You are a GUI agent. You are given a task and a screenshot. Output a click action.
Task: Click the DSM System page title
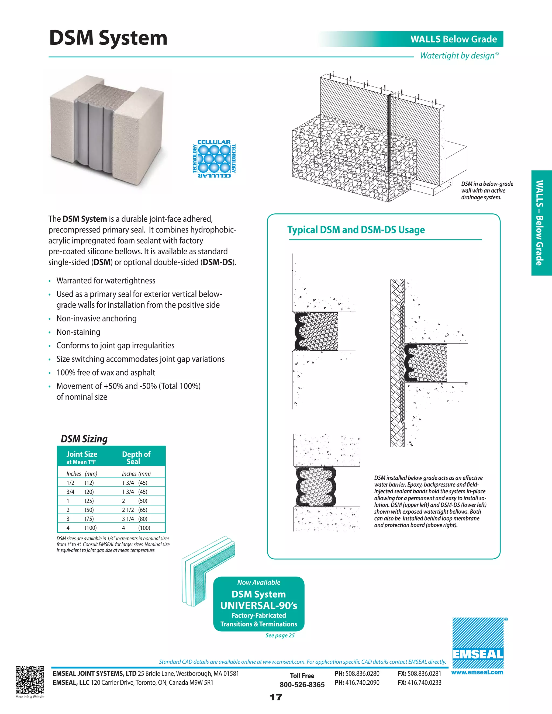(108, 38)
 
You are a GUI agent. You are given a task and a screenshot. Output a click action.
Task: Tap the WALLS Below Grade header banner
(453, 39)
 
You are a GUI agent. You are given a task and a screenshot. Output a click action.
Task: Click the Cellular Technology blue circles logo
(214, 159)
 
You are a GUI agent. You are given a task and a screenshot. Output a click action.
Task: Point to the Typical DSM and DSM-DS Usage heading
(356, 230)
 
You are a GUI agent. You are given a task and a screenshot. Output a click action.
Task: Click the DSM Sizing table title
(84, 439)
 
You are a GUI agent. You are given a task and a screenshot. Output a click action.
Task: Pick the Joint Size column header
(82, 457)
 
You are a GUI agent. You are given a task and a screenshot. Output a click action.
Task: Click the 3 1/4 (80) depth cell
(134, 519)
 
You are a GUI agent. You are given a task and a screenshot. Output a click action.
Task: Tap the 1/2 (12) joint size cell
(80, 483)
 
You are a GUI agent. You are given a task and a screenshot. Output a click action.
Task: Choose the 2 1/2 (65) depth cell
(134, 510)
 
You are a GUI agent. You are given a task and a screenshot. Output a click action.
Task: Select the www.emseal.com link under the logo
(477, 673)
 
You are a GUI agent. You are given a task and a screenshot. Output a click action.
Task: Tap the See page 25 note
(280, 635)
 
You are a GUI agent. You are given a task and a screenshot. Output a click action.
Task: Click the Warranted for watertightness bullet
(106, 280)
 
